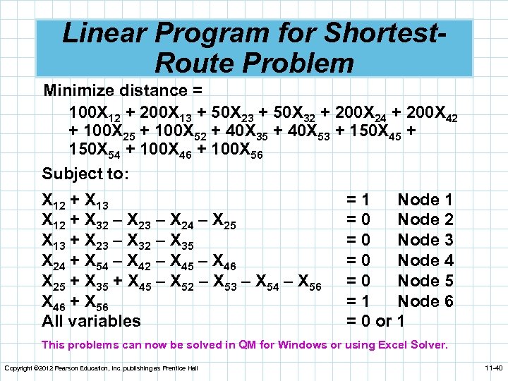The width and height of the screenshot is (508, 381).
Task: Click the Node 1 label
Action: pos(425,200)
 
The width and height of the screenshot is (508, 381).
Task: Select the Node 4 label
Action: pos(425,260)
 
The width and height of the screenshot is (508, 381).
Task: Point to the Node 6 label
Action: pos(425,301)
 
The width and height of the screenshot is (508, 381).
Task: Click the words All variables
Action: pos(91,321)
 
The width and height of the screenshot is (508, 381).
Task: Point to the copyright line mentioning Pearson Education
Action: pos(101,368)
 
